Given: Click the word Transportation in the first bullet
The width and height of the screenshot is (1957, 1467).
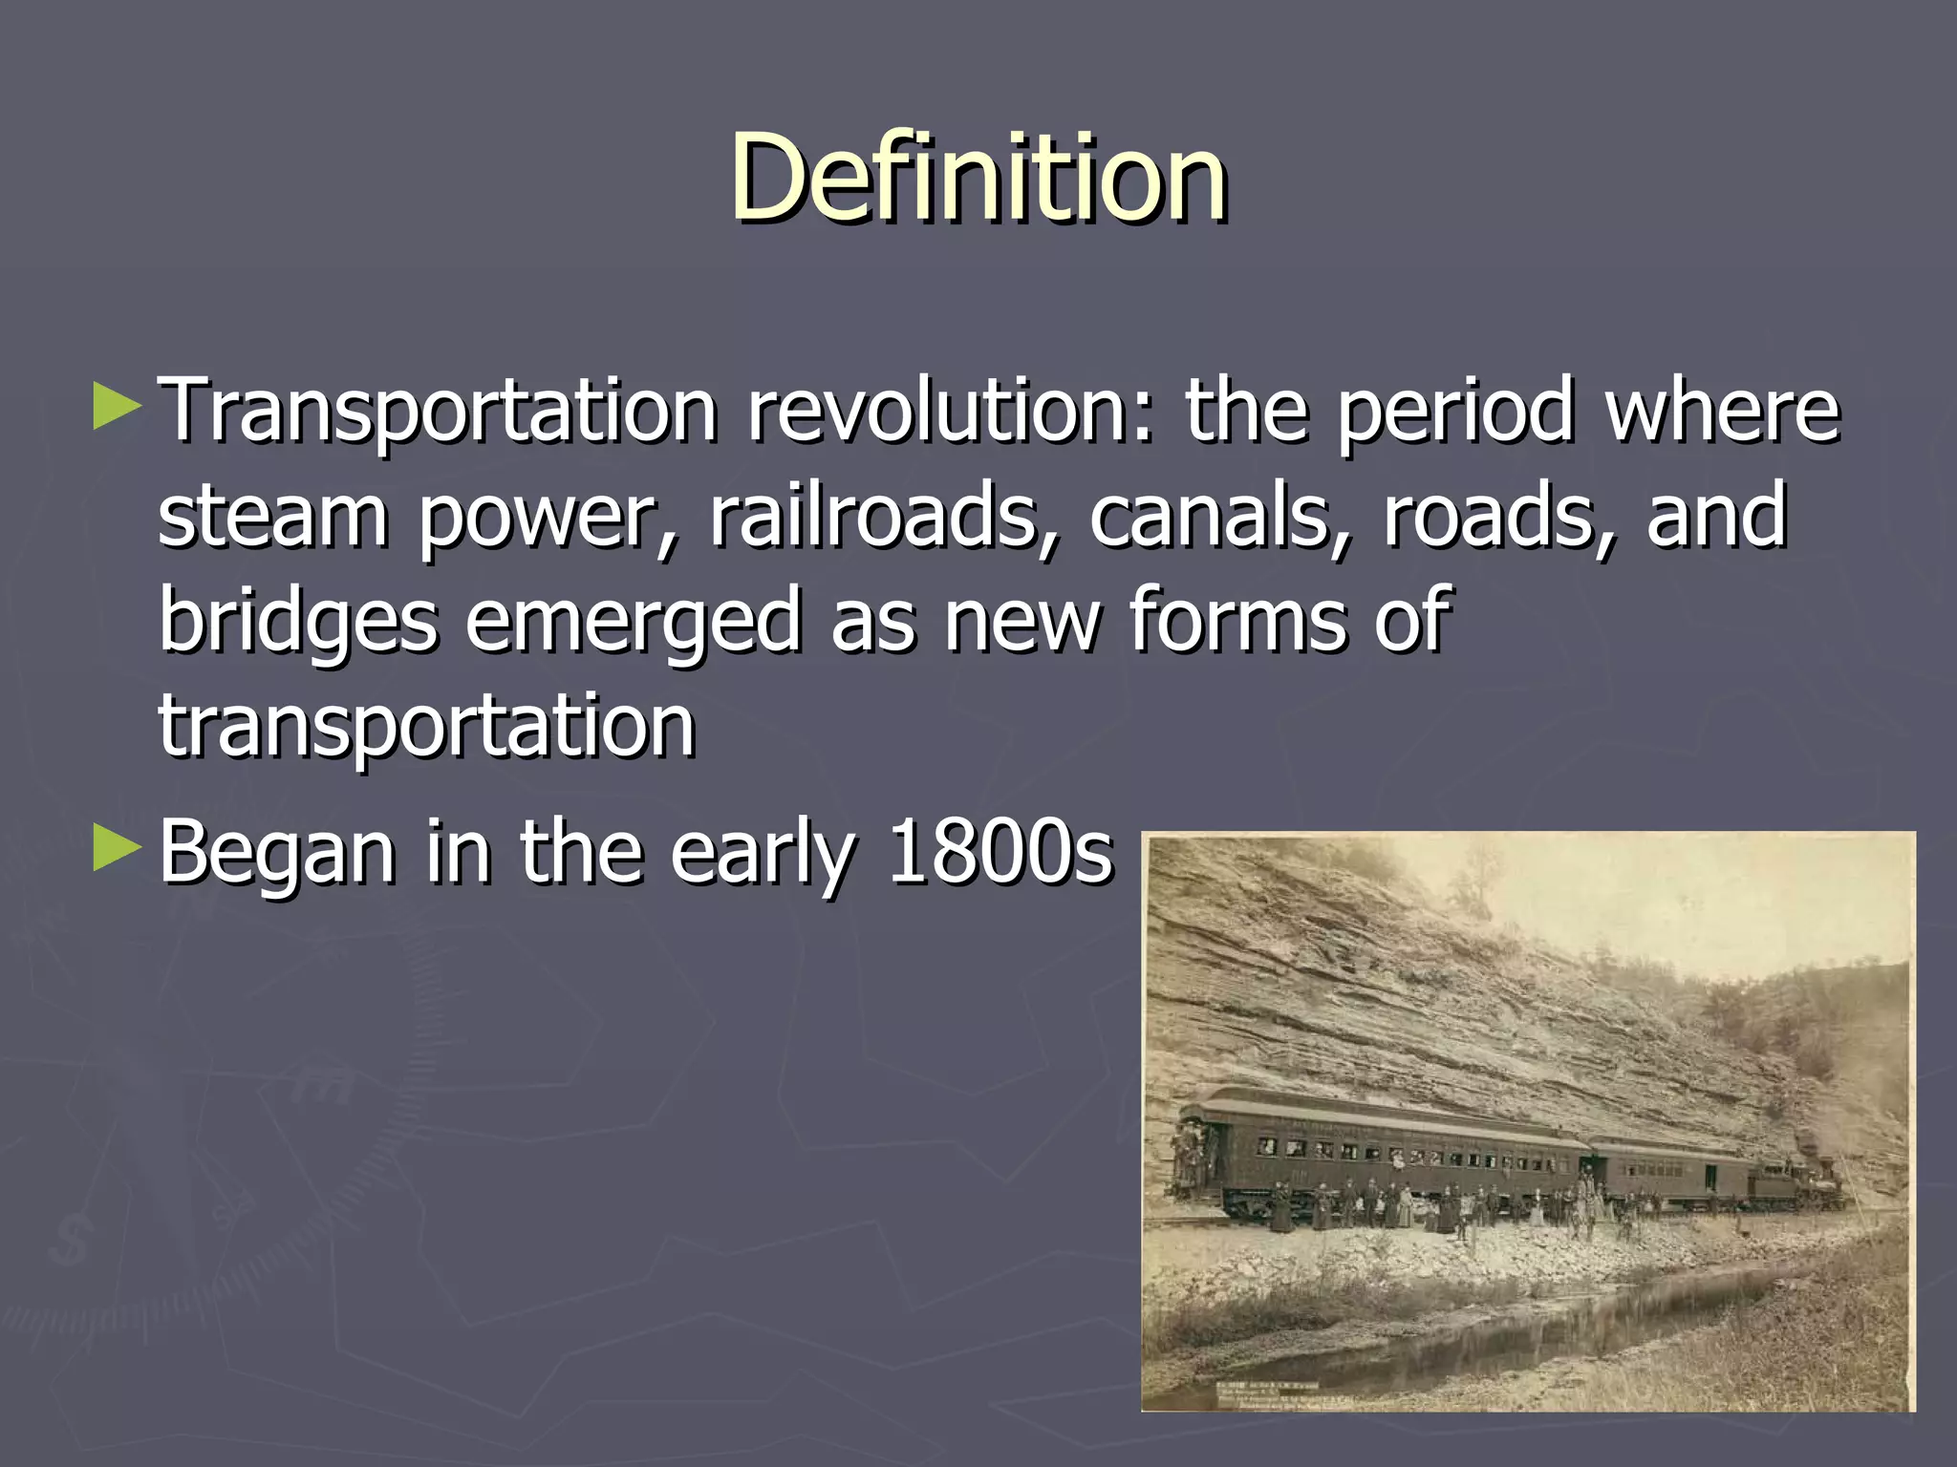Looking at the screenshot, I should [x=438, y=411].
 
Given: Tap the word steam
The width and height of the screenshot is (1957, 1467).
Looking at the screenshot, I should [x=272, y=516].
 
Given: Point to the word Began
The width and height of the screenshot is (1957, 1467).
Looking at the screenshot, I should [x=277, y=852].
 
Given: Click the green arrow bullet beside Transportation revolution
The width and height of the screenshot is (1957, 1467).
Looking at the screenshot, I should [x=118, y=405].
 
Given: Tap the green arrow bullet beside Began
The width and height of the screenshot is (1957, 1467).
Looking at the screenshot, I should [x=118, y=847].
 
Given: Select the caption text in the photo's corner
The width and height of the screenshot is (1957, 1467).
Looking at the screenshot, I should [x=1271, y=1391].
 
